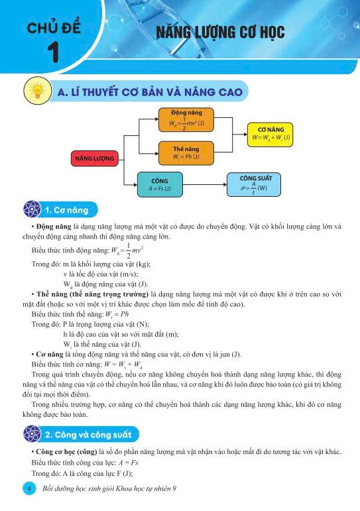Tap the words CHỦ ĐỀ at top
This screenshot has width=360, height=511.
click(54, 28)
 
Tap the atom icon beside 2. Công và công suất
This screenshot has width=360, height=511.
click(32, 435)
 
